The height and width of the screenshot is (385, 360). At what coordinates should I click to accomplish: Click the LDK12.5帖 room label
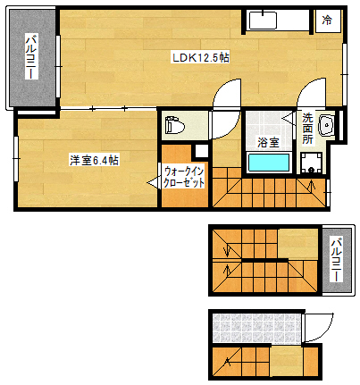[x=201, y=58]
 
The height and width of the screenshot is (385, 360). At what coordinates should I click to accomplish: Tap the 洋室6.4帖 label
[x=96, y=160]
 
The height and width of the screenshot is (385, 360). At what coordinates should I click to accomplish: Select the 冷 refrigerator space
[x=328, y=20]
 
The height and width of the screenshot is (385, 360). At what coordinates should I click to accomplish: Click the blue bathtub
[x=268, y=163]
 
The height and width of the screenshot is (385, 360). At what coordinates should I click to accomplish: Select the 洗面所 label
[x=307, y=129]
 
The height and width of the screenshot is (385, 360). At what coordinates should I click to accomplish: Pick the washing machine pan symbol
[x=312, y=163]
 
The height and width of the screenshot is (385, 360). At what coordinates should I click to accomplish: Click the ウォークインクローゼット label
[x=184, y=177]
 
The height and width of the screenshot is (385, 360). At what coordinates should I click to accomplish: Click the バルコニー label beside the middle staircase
[x=335, y=258]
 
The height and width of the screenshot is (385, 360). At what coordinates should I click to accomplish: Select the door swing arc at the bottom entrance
[x=318, y=326]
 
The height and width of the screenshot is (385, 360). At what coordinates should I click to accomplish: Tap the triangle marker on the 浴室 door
[x=288, y=117]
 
